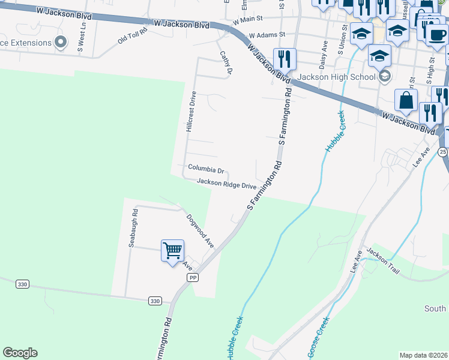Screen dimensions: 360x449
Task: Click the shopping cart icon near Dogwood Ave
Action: [x=172, y=250]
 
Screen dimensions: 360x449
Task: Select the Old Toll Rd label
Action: [x=133, y=35]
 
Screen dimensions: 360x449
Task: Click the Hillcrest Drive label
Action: [x=191, y=112]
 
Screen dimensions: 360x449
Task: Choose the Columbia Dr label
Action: [x=206, y=170]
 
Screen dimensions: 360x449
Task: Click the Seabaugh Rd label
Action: [x=133, y=227]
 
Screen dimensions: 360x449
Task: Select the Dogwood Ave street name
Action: [x=199, y=231]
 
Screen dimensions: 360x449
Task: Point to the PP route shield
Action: [x=193, y=278]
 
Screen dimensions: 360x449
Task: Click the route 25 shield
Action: [x=443, y=152]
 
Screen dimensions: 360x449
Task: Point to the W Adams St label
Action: [x=266, y=35]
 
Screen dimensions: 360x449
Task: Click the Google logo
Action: [x=20, y=353]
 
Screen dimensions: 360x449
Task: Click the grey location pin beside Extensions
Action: [x=60, y=42]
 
